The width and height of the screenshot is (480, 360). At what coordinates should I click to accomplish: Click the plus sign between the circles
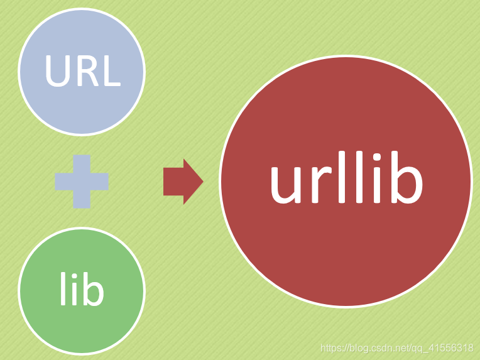tap(82, 182)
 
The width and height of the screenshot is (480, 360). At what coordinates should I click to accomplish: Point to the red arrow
tap(183, 182)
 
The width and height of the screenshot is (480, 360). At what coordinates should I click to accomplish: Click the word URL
tap(82, 72)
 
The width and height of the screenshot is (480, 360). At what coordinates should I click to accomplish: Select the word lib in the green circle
tap(82, 290)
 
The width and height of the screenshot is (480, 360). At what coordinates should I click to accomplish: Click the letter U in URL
tap(58, 72)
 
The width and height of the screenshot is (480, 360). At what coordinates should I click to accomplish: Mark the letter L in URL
tap(110, 72)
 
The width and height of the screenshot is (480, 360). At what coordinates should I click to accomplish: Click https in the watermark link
tap(330, 347)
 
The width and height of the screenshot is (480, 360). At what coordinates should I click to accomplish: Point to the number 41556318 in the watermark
tap(452, 347)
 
